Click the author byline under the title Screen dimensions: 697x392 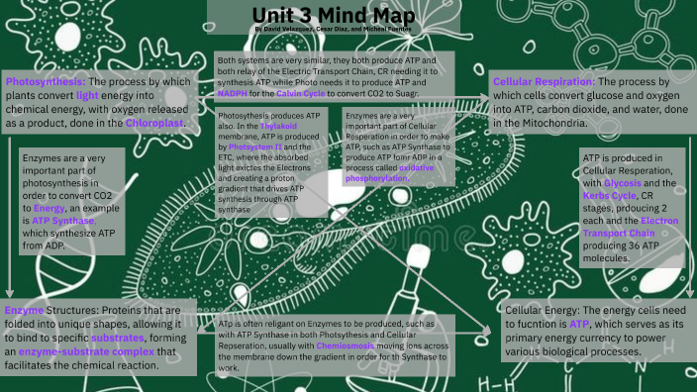[332, 31]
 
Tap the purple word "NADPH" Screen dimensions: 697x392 [236, 92]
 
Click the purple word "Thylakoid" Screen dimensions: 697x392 [280, 127]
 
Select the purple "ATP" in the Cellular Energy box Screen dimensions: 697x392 [580, 324]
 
